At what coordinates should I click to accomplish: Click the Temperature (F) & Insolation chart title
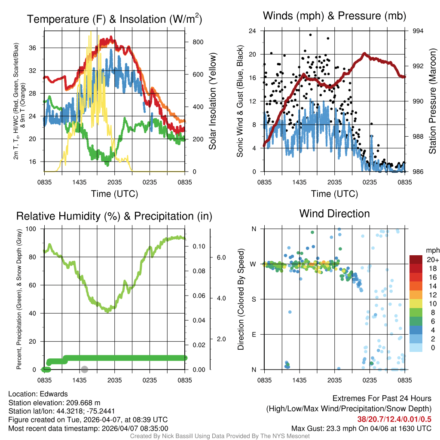click(114, 19)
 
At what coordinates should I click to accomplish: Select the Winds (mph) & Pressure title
click(335, 16)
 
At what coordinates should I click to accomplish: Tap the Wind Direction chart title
click(334, 213)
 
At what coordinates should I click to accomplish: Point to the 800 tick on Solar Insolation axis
click(198, 42)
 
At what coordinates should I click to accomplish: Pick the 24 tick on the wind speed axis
click(253, 31)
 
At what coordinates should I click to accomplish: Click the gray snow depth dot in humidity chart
click(85, 369)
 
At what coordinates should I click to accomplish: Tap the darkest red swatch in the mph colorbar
click(416, 260)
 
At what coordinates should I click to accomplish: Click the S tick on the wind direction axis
click(254, 299)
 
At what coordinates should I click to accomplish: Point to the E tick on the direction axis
click(254, 334)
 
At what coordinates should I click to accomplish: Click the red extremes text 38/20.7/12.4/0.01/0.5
click(394, 419)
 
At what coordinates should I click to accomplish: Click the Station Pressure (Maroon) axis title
click(433, 101)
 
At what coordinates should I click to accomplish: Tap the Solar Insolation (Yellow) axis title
click(212, 101)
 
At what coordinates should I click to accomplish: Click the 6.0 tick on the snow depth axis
click(220, 257)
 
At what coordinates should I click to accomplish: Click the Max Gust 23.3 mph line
click(361, 428)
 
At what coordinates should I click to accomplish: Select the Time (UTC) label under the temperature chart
click(114, 194)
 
